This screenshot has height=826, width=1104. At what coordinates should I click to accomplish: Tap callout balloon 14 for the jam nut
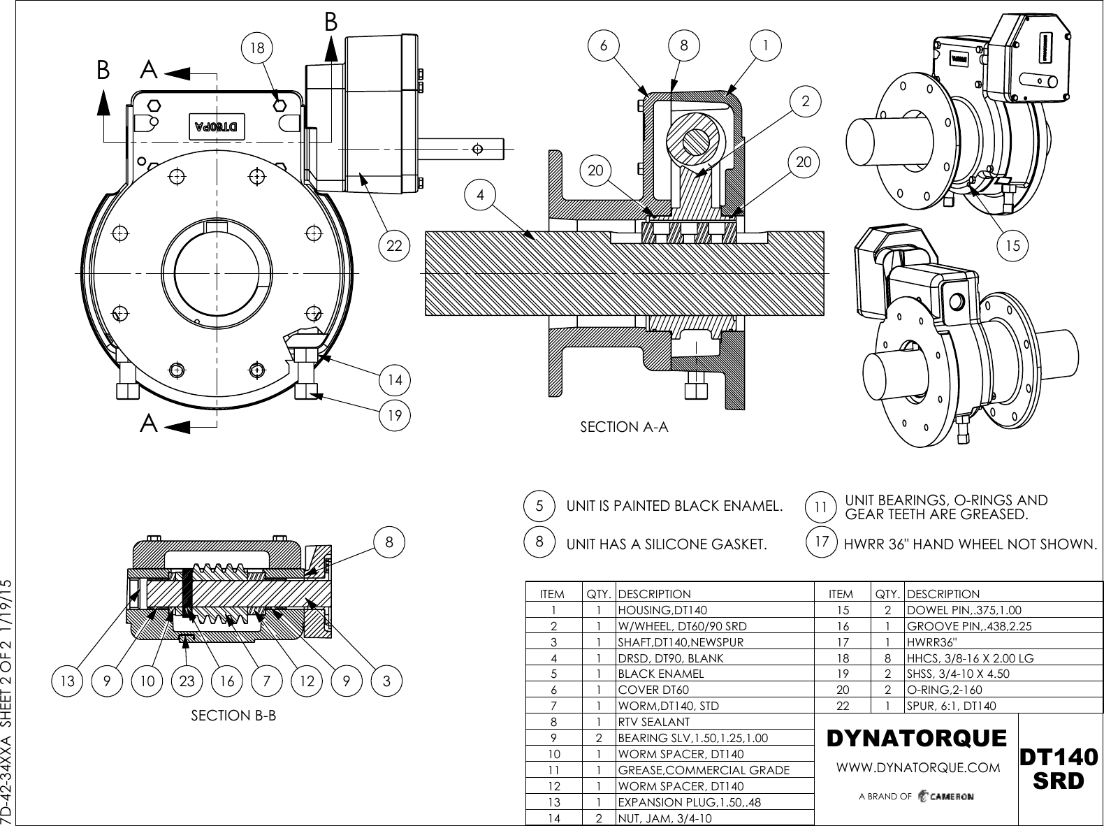395,380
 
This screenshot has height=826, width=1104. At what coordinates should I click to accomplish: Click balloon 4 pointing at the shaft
480,196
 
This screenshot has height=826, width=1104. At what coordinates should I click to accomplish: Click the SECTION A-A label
624,426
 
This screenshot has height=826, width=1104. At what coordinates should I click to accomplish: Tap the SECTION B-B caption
233,716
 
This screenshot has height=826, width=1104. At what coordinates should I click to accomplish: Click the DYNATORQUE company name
916,738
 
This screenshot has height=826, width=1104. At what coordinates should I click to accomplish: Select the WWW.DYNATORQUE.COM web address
918,767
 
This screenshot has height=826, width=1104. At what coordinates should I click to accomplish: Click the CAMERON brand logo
946,797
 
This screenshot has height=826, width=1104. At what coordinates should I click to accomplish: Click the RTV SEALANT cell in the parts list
653,722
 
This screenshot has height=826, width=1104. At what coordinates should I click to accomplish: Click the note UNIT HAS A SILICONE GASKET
666,544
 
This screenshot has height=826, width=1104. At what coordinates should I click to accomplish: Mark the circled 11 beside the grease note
822,507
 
